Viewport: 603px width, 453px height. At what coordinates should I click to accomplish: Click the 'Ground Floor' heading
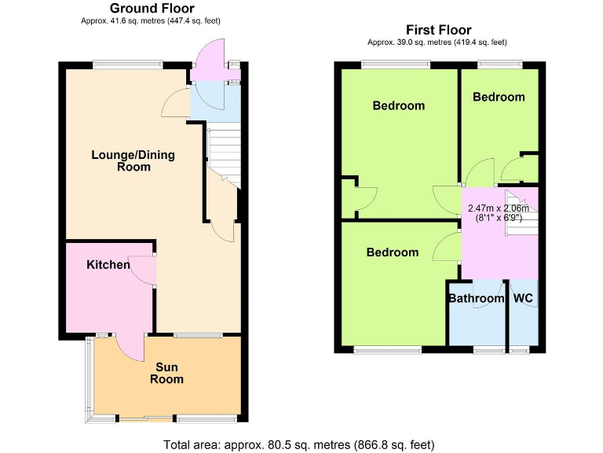(x=152, y=9)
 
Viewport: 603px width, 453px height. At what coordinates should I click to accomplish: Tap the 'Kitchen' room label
(x=108, y=264)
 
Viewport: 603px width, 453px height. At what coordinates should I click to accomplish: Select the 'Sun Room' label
(x=167, y=373)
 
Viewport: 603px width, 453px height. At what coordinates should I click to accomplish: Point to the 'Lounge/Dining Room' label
(x=133, y=160)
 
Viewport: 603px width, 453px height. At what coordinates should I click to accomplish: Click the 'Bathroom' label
(x=476, y=299)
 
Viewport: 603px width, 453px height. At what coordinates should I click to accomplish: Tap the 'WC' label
(x=523, y=299)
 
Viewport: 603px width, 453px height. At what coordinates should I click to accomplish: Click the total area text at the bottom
(x=301, y=444)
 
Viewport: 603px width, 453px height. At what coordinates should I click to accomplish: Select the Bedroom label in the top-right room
(x=499, y=97)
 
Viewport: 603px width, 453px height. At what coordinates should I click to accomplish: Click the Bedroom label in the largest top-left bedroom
(x=398, y=105)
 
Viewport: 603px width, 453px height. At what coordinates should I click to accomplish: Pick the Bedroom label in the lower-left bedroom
(x=393, y=252)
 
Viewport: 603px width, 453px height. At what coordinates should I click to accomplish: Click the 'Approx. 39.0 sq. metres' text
(x=437, y=42)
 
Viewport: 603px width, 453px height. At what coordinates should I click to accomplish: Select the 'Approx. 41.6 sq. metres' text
(x=152, y=21)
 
